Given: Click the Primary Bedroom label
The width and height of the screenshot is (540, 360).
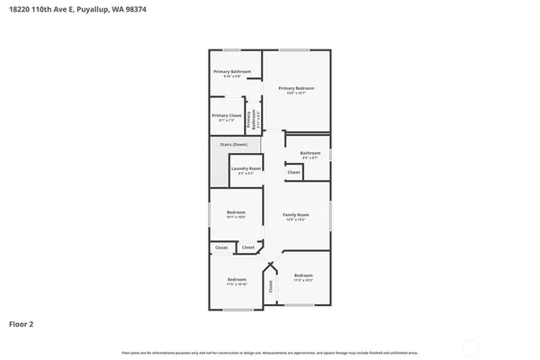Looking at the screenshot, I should click(x=295, y=88).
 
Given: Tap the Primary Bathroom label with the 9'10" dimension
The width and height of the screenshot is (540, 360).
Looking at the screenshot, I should click(x=232, y=71).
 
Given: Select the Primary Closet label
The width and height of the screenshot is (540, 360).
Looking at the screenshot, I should click(x=225, y=116).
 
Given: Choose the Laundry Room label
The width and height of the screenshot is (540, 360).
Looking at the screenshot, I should click(x=246, y=168).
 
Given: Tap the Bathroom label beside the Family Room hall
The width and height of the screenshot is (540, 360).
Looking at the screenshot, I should click(x=310, y=154).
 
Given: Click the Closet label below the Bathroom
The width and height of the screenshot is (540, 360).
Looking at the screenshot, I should click(x=293, y=172).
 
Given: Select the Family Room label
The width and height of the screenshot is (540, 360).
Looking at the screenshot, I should click(x=295, y=215).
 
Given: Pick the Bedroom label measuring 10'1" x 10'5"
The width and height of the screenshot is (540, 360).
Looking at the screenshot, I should click(x=236, y=215).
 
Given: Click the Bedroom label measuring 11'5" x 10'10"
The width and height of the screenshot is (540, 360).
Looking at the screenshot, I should click(x=236, y=279).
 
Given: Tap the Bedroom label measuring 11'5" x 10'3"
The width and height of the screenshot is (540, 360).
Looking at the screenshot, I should click(x=302, y=275).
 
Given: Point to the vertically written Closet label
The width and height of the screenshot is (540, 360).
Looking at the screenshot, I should click(x=270, y=285).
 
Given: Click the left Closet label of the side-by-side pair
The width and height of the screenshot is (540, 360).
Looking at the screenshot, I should click(x=221, y=247).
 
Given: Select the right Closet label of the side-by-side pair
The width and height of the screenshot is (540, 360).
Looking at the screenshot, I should click(x=247, y=247).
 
